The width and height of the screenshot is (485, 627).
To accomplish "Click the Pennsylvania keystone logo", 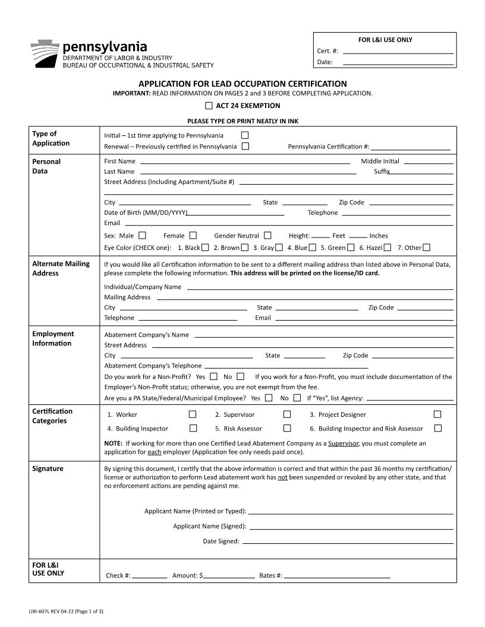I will coord(45,54).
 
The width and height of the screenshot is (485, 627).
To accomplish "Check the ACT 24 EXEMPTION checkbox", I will coord(209,106).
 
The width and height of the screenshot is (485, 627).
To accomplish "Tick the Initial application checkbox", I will coord(244,135).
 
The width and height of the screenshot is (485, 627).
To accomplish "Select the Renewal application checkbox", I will coord(245,146).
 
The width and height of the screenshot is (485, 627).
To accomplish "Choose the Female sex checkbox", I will coord(193,235).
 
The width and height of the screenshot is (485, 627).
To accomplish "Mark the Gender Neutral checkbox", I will coord(267,235).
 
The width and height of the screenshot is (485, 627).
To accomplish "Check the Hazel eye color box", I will coord(388,247).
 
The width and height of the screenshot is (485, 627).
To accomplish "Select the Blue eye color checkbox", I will coord(312,247).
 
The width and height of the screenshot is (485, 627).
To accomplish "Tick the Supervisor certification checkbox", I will coord(287,414).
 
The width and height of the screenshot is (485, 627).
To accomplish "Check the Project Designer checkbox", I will coord(437,414).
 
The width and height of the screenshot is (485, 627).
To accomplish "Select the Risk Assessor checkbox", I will coord(287,428).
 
